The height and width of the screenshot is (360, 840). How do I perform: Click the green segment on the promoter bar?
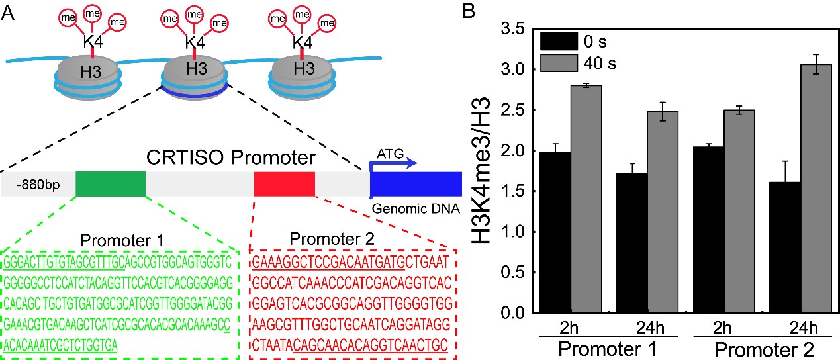(x=110, y=183)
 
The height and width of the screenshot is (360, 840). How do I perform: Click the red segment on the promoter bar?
(x=284, y=183)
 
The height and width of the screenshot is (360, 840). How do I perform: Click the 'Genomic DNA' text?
(x=416, y=209)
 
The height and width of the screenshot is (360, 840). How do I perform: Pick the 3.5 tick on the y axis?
(x=514, y=30)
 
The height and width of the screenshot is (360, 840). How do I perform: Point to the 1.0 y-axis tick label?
(x=514, y=232)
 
